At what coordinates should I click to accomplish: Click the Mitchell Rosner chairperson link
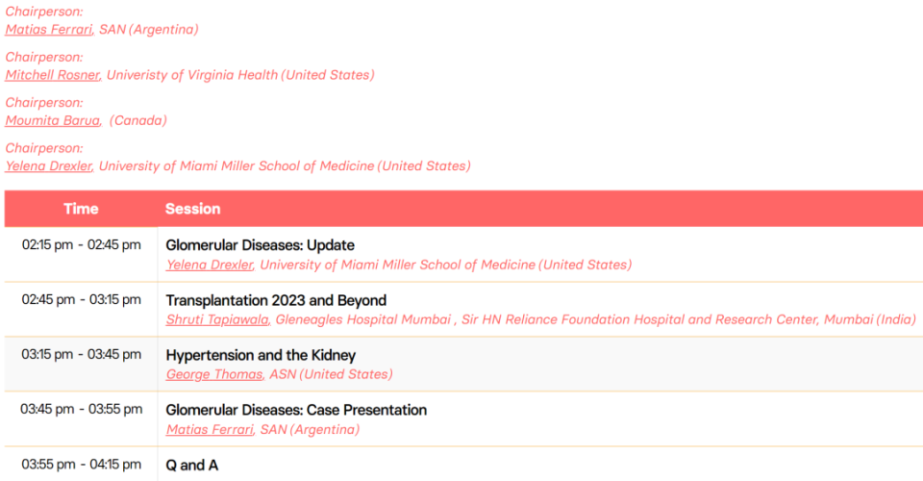pyautogui.click(x=52, y=75)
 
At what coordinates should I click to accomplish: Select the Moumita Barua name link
pyautogui.click(x=52, y=120)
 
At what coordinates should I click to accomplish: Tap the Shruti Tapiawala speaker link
pyautogui.click(x=217, y=319)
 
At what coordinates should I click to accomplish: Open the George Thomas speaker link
pyautogui.click(x=214, y=374)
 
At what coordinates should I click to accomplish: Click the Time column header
pyautogui.click(x=81, y=209)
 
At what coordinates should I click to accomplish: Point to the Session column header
pyautogui.click(x=192, y=209)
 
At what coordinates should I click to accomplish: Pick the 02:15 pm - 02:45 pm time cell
pyautogui.click(x=81, y=245)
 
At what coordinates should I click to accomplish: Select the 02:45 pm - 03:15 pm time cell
pyautogui.click(x=81, y=300)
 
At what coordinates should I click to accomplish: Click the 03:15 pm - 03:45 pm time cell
pyautogui.click(x=81, y=354)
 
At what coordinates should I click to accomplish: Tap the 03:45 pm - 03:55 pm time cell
pyautogui.click(x=81, y=409)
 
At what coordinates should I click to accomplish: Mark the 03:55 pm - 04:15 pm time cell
pyautogui.click(x=81, y=465)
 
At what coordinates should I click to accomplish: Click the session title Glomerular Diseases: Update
pyautogui.click(x=261, y=245)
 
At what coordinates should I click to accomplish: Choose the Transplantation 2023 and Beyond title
pyautogui.click(x=276, y=300)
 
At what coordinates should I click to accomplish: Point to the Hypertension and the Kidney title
pyautogui.click(x=261, y=355)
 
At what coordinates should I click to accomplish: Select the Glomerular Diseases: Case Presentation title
pyautogui.click(x=296, y=410)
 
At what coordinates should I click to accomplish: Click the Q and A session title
pyautogui.click(x=192, y=465)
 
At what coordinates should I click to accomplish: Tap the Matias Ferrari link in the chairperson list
pyautogui.click(x=49, y=30)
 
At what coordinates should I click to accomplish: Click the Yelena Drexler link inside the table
pyautogui.click(x=210, y=265)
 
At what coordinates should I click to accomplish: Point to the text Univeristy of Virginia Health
pyautogui.click(x=192, y=75)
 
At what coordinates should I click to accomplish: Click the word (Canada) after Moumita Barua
pyautogui.click(x=138, y=120)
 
